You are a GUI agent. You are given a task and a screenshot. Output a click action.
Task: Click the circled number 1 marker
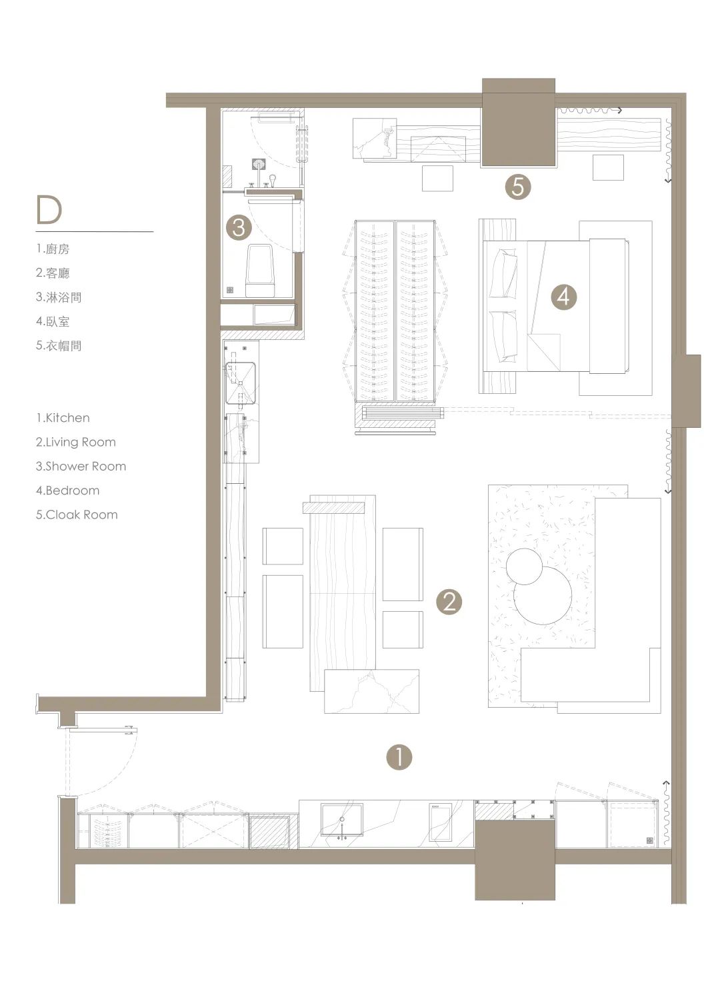point(399,758)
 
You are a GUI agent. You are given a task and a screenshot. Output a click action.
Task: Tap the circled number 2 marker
point(449,601)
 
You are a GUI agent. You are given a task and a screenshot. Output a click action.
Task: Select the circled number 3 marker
point(239,227)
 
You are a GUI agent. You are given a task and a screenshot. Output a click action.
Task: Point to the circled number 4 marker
point(564,297)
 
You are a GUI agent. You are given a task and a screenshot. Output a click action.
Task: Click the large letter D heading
point(49,210)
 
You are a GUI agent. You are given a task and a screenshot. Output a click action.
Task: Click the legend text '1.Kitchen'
point(63,418)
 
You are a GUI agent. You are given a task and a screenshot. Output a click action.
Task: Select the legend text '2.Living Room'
point(76,442)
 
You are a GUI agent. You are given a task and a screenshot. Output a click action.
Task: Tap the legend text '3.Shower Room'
point(81,467)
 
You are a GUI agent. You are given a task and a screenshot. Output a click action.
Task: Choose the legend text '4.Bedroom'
point(68,491)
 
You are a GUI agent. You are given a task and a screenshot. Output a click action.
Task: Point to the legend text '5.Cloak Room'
point(77,514)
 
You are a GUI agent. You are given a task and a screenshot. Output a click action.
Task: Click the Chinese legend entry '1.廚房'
point(53,249)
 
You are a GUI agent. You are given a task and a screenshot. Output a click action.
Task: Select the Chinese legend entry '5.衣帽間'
point(59,345)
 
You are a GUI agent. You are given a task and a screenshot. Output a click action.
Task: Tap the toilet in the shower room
point(259,270)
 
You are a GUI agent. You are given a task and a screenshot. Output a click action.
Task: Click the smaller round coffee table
point(524,566)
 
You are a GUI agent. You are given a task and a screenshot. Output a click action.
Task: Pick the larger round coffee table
point(543,596)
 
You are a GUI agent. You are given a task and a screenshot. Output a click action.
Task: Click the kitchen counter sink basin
point(342,820)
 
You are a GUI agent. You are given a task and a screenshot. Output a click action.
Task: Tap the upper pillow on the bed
point(503,273)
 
